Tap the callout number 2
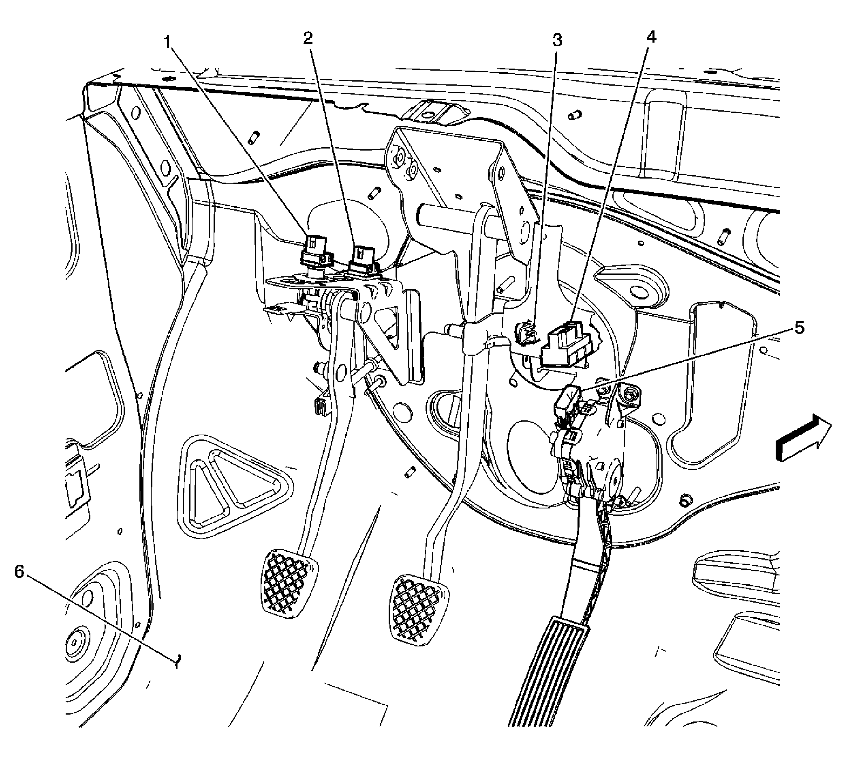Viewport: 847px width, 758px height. tap(308, 39)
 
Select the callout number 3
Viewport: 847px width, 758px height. tap(556, 41)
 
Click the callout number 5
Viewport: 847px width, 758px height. tap(799, 328)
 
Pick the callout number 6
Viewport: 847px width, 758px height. tap(19, 572)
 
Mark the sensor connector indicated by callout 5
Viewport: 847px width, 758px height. tap(568, 400)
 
